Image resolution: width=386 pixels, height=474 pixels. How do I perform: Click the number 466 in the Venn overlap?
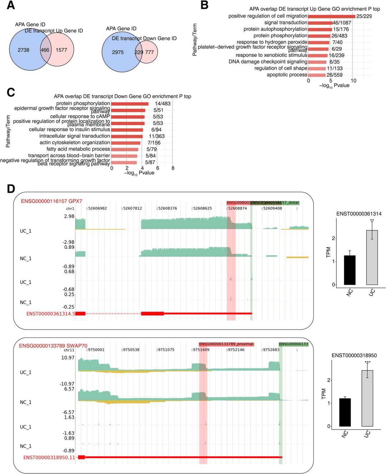click(x=45, y=50)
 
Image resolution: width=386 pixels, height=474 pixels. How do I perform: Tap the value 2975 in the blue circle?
click(x=118, y=52)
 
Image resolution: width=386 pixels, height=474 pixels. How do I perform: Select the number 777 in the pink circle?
click(x=149, y=52)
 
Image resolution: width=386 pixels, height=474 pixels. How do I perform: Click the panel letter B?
click(x=204, y=5)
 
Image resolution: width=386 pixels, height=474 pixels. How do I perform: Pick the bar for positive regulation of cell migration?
click(x=331, y=16)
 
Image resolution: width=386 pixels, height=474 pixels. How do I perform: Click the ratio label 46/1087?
click(x=342, y=23)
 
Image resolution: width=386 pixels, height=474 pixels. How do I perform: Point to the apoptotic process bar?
click(x=317, y=75)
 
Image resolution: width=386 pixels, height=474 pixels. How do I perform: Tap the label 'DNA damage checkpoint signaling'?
click(x=268, y=62)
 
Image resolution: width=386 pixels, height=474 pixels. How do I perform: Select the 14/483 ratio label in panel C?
click(x=163, y=104)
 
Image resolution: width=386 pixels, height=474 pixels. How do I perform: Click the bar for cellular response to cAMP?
click(x=128, y=117)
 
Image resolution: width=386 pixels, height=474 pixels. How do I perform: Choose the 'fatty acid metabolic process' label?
click(x=78, y=149)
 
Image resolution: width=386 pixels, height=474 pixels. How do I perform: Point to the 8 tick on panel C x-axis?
click(x=173, y=168)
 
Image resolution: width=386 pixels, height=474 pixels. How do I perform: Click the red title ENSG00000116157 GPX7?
click(x=51, y=201)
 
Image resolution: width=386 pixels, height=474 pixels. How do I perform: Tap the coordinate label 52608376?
click(x=168, y=208)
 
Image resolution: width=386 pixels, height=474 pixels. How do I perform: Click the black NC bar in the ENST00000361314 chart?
click(x=350, y=270)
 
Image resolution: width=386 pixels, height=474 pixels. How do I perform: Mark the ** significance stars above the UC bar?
click(x=372, y=221)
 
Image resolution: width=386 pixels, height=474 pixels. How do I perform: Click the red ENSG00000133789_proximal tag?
click(x=226, y=344)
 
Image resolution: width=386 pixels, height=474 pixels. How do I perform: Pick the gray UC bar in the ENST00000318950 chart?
click(x=367, y=398)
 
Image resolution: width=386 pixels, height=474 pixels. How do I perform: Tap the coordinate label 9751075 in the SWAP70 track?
click(x=166, y=350)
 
